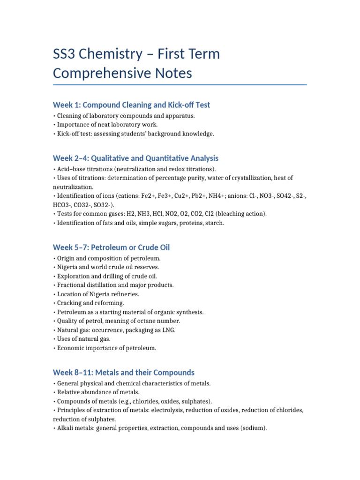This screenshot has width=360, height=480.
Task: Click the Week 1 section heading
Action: click(x=131, y=105)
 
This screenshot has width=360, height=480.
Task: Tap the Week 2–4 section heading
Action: click(x=135, y=158)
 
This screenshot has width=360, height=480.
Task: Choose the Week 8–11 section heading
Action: click(x=124, y=373)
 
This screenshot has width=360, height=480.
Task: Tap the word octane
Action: click(x=147, y=321)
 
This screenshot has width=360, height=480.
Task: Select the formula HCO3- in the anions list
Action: click(x=64, y=205)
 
